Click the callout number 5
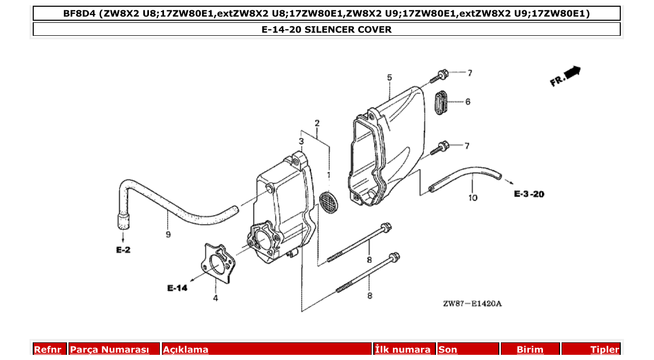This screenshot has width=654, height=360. [x=389, y=78]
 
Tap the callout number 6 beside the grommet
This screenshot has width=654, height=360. [x=468, y=102]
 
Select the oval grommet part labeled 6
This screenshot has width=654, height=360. [x=440, y=102]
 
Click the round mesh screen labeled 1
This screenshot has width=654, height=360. [x=328, y=201]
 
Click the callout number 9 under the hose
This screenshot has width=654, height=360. [x=168, y=235]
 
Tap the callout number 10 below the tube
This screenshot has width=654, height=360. [x=473, y=198]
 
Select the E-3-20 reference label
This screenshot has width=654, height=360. [x=529, y=194]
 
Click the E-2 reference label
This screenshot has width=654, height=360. [x=123, y=250]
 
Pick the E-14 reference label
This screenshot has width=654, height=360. [x=177, y=288]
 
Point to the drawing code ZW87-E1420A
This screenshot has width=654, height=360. [x=472, y=303]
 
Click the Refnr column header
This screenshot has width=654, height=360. [x=48, y=350]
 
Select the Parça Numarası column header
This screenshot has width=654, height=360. [x=110, y=350]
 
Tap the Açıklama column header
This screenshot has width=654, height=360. [x=186, y=350]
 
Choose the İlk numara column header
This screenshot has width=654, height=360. [x=402, y=350]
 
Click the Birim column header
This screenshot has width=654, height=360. [x=530, y=350]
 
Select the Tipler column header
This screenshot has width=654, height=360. [x=604, y=350]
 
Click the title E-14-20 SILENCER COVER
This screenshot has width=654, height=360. [x=326, y=30]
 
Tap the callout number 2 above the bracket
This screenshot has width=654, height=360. [x=317, y=123]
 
